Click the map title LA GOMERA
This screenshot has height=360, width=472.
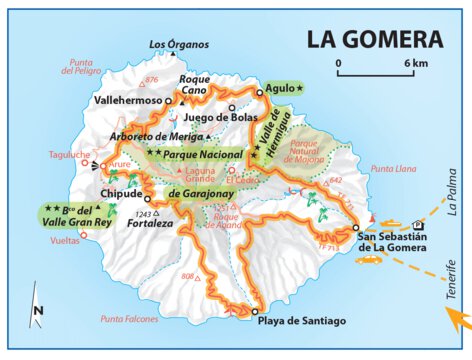[x=373, y=40]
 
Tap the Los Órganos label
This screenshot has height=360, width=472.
[x=179, y=44]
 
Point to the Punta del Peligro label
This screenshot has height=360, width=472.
[x=81, y=66]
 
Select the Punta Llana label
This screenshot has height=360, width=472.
[x=393, y=170]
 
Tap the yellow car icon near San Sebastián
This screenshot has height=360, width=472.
[x=367, y=259]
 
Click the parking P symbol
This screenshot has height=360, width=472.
[x=417, y=225]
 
